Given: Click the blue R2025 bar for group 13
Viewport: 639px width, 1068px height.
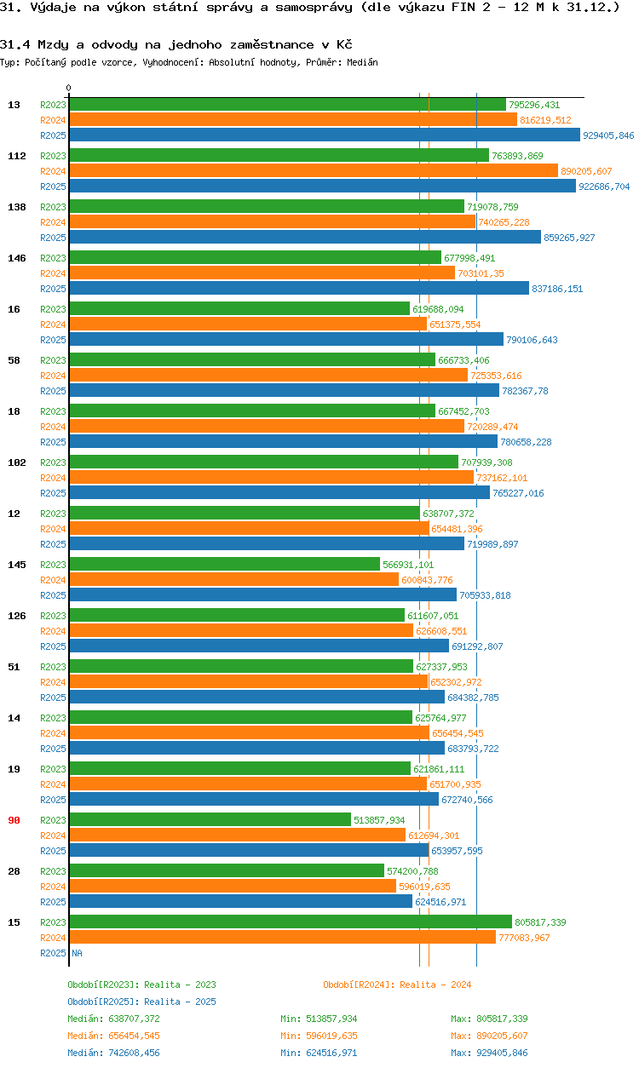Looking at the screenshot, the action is (x=325, y=135).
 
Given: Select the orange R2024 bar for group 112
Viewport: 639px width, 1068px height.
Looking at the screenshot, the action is (x=314, y=170).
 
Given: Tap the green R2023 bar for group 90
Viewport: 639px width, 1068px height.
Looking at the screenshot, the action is (x=210, y=819).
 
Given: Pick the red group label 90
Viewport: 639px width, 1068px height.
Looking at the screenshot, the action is (x=14, y=820).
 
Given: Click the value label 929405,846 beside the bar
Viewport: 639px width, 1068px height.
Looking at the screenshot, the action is (x=608, y=135).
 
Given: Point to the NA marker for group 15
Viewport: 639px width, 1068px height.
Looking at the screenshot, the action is (x=77, y=953).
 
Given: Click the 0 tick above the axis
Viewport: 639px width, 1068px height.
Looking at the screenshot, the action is (x=69, y=88).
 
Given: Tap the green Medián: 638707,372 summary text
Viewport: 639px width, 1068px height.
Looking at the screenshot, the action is (x=113, y=1019).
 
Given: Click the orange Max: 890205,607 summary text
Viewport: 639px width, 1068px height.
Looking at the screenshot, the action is (x=489, y=1036).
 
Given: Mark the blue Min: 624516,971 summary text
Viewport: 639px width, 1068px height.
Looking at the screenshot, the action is (x=319, y=1053).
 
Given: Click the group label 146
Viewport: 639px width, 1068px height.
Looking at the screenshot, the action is (x=17, y=258).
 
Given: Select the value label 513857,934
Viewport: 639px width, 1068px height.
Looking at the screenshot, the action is (x=379, y=820).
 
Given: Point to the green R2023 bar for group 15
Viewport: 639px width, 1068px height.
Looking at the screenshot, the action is (x=291, y=922).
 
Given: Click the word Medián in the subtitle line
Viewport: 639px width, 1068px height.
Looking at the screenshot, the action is (x=362, y=62).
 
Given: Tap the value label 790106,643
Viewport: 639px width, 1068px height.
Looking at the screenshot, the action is (x=532, y=340).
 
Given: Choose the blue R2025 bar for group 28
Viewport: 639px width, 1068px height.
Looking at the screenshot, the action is (x=241, y=901).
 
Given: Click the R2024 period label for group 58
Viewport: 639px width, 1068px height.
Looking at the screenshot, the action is (x=53, y=376).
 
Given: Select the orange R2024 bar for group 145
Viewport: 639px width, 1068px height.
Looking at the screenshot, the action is (x=234, y=579).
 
